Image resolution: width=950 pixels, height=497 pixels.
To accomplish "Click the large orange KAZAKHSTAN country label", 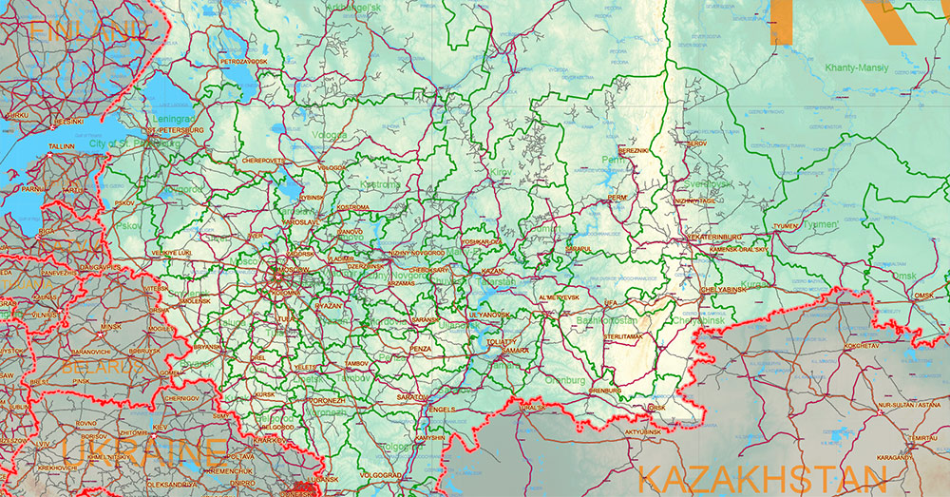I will coord(750,477).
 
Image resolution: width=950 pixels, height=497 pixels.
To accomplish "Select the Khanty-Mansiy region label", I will coord(855,67).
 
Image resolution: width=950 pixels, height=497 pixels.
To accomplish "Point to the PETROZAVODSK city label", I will coord(244,62).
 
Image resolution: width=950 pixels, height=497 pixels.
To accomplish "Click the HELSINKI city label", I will coord(68,122).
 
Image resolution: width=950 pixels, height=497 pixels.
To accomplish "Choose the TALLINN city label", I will coord(62,147).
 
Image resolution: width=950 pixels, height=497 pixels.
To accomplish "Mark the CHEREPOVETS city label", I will coord(263,161).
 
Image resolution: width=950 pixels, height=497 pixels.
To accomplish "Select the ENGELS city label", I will coord(442,409).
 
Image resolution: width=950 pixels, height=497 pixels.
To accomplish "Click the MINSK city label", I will coord(111,326).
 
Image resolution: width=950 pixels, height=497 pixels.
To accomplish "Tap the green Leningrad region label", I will coord(172,120).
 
